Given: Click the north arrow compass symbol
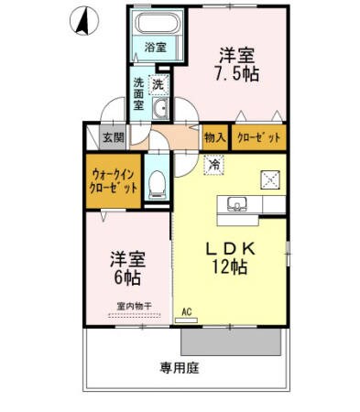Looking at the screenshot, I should pyautogui.click(x=82, y=20).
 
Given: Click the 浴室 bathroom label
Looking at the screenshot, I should pyautogui.click(x=154, y=47).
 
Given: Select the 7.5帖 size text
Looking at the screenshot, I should pyautogui.click(x=237, y=74).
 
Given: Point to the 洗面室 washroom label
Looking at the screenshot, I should pyautogui.click(x=138, y=94).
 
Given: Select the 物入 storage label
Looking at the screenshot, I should pyautogui.click(x=214, y=137).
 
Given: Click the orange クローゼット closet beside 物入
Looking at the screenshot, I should pyautogui.click(x=258, y=137).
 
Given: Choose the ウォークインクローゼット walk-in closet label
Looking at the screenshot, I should pyautogui.click(x=115, y=180).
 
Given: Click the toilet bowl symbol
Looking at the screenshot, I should pyautogui.click(x=157, y=183).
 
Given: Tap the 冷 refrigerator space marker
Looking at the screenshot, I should pyautogui.click(x=213, y=165).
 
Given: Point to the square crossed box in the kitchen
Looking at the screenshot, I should pyautogui.click(x=271, y=179).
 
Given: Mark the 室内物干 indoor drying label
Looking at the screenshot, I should pyautogui.click(x=133, y=306).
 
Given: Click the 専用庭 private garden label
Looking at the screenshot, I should pyautogui.click(x=180, y=369).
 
